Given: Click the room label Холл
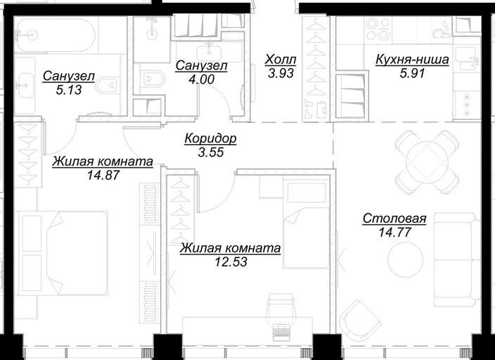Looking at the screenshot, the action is click(281, 59).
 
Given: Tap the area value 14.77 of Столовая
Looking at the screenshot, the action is click(394, 233).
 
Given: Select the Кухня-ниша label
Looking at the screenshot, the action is click(412, 60).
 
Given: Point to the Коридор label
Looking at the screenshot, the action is click(210, 139).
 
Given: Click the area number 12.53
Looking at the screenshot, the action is click(231, 262).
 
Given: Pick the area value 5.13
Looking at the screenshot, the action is click(69, 90).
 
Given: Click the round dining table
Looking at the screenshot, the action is click(427, 162).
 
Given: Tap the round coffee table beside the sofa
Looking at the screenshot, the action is click(405, 261).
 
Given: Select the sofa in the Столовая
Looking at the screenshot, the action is click(456, 259).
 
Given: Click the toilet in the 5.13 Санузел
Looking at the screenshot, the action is click(108, 84).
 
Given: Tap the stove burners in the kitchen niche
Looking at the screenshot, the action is click(378, 29).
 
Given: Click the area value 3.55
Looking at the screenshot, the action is click(211, 152).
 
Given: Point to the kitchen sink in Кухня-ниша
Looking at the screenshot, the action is click(467, 59).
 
